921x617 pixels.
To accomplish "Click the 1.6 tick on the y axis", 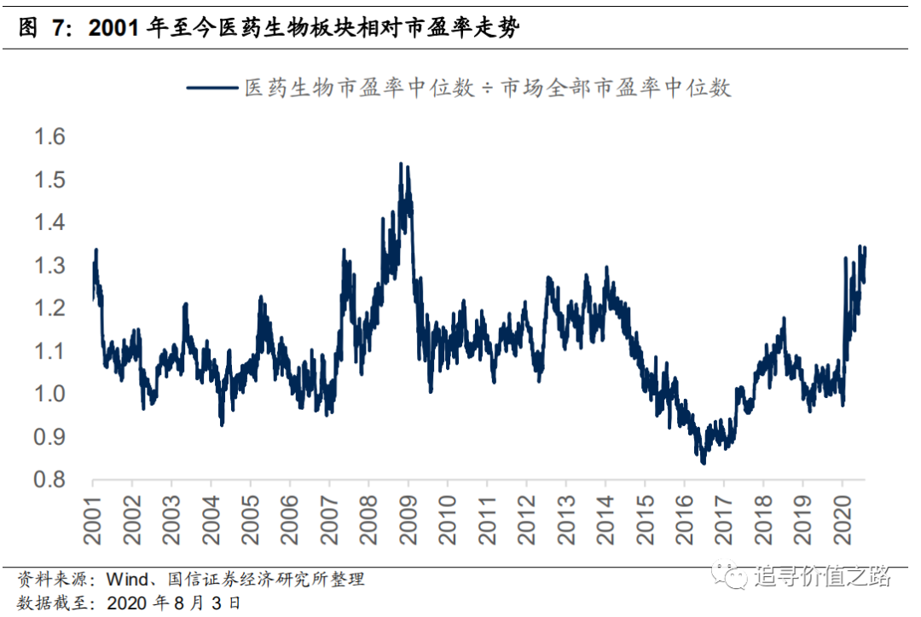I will tap(49, 136).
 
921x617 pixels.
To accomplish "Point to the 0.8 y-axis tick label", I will tap(49, 481).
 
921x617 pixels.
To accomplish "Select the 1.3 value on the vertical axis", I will tap(49, 266).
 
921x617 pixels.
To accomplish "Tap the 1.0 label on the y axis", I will tap(49, 395).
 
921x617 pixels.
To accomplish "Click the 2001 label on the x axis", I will tap(94, 521).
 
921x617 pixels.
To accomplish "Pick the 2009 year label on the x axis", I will tap(408, 521).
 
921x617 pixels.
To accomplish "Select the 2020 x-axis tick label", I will tap(842, 521).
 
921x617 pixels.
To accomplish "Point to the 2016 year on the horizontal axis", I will tap(684, 521).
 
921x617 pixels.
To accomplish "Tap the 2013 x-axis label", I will tap(566, 521).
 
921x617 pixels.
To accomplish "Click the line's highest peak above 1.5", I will tap(402, 164).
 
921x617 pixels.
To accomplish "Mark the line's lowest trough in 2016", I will tap(704, 463).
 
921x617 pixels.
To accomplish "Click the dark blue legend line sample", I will tap(211, 88).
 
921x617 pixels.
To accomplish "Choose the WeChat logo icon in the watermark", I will tap(731, 576).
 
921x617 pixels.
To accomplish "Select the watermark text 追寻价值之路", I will tap(822, 577).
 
